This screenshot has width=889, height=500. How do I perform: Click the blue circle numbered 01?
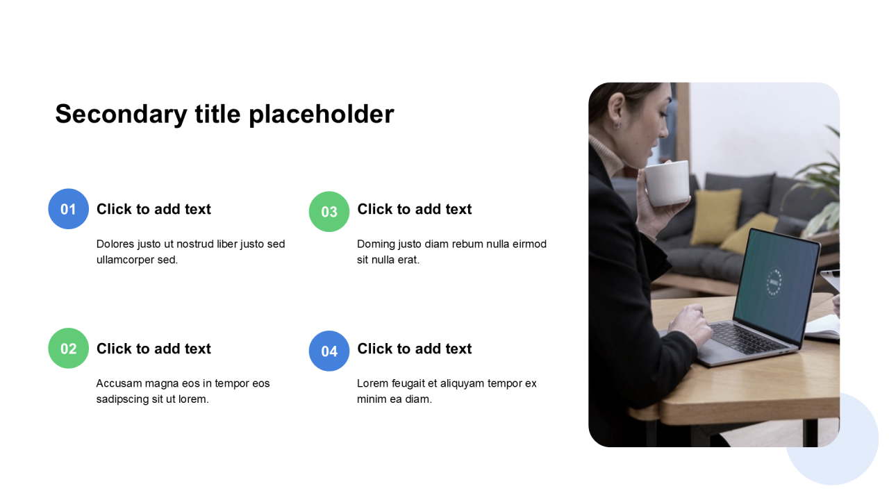[68, 209]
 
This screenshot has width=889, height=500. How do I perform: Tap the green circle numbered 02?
[68, 348]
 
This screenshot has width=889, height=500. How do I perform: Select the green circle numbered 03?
[329, 212]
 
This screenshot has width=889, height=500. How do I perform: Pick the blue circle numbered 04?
[329, 351]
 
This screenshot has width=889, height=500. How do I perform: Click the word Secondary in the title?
[121, 115]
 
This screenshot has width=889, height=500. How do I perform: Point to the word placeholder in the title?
[322, 115]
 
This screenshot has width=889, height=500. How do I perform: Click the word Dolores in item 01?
[115, 244]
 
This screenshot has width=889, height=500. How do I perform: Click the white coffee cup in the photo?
[667, 183]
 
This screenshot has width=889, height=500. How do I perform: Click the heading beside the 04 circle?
[415, 349]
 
